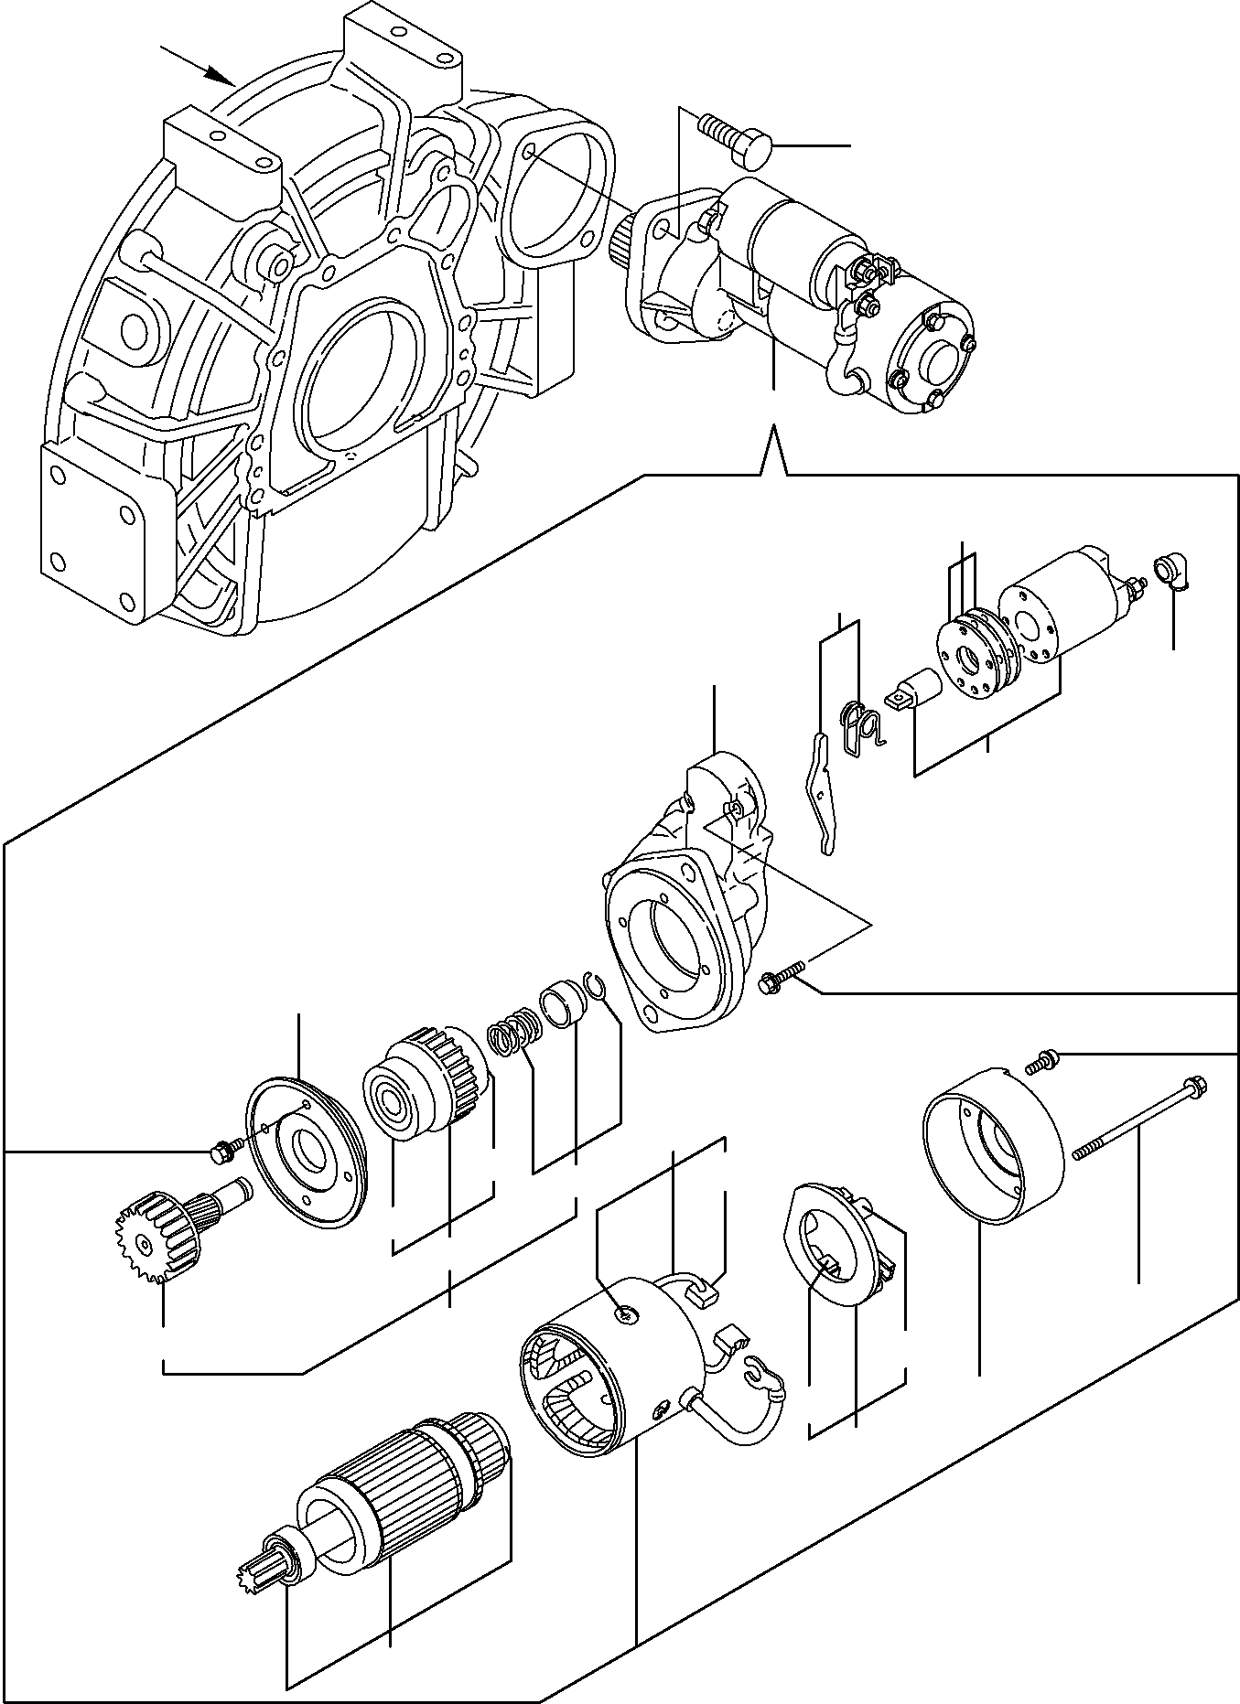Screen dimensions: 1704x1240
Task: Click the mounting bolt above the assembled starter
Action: tap(737, 140)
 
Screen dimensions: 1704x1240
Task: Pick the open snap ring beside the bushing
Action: tap(597, 993)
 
